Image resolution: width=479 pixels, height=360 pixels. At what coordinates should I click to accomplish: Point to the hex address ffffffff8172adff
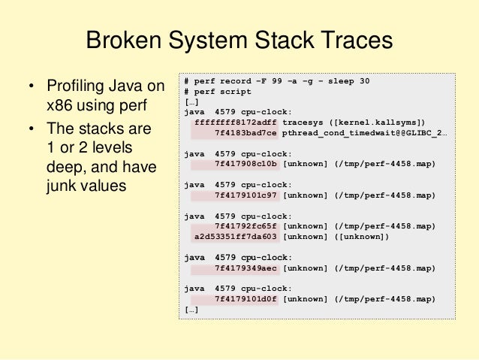point(236,122)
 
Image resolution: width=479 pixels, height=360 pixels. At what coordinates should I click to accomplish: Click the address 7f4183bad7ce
point(246,132)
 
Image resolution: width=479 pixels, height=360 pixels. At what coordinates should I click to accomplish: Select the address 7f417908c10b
point(246,163)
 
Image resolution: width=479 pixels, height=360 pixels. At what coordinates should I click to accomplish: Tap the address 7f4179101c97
point(246,195)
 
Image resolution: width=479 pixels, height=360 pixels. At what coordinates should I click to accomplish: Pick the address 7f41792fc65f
point(246,225)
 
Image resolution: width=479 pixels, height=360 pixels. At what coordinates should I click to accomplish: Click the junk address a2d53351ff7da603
point(236,236)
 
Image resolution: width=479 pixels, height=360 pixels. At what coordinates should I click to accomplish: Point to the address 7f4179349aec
point(246,268)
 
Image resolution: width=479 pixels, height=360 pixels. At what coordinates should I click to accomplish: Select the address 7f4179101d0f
point(246,298)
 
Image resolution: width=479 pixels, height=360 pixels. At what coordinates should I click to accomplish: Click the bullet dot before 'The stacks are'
point(32,129)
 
